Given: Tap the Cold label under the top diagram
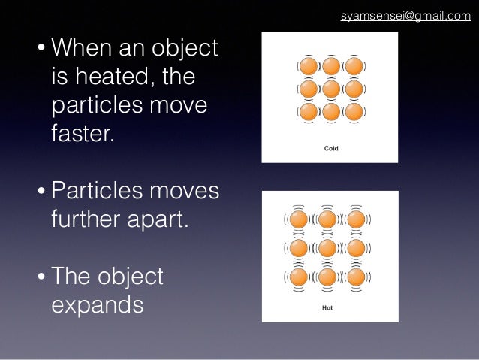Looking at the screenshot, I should click(x=330, y=148).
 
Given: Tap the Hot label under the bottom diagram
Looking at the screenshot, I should click(x=328, y=307).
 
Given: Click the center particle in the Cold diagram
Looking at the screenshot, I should click(x=330, y=89).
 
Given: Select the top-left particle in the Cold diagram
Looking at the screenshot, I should click(x=308, y=66).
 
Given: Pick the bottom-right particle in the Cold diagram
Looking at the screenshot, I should click(x=354, y=112).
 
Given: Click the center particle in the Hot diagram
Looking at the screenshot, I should click(x=327, y=247).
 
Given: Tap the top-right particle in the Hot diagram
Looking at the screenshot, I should click(x=356, y=220).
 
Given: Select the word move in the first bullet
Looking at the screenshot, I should click(x=179, y=106).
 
